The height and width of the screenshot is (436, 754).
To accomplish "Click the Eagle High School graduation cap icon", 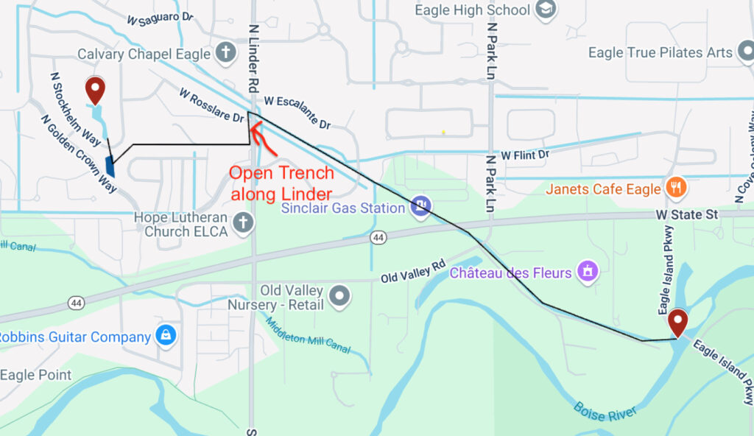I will tap(546, 10).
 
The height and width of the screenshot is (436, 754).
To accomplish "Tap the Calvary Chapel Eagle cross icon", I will tap(225, 54).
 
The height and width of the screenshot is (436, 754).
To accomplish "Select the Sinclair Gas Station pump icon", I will tap(421, 206).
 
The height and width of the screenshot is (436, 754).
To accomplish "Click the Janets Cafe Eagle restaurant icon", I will tap(675, 189).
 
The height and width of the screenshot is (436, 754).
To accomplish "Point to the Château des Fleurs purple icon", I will tap(587, 272).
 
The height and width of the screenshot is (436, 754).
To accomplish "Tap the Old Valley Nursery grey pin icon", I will tap(339, 296).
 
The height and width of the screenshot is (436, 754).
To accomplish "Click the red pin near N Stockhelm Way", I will tap(95, 90).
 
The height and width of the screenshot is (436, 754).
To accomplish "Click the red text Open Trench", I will tap(281, 174).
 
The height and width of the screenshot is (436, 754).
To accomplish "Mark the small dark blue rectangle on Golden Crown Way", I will tap(110, 166).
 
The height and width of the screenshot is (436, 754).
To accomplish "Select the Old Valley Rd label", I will tap(414, 271).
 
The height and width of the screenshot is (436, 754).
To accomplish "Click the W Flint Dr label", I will tap(525, 155).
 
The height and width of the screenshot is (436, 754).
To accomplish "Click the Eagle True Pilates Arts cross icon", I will tap(745, 52).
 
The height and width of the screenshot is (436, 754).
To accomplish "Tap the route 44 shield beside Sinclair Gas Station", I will tap(378, 238).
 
